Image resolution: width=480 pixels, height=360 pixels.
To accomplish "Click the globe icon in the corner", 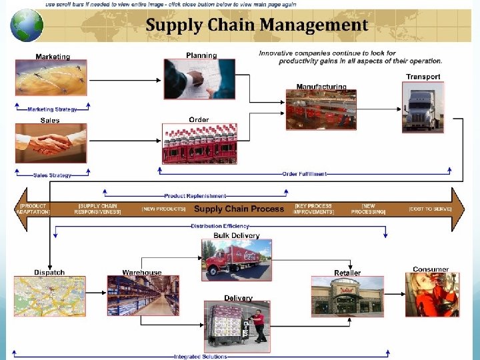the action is point(27,25).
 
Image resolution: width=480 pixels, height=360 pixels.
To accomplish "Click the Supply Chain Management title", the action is point(257,25).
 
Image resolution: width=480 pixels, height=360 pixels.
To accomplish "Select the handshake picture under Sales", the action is point(51,143).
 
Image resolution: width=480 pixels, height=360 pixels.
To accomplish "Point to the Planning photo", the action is point(199,79).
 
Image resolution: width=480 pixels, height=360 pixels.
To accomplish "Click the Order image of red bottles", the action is point(199,143).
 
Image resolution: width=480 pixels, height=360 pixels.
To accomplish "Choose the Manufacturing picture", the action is point(321,110).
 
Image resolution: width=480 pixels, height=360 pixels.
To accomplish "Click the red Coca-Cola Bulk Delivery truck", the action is point(236,261).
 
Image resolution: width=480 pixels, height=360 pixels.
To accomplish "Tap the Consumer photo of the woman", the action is point(431,295).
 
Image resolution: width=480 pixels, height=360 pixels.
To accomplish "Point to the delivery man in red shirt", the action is point(258,327).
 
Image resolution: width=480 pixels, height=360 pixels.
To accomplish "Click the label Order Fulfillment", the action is point(304,174).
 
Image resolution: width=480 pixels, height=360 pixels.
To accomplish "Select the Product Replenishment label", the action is point(195,196).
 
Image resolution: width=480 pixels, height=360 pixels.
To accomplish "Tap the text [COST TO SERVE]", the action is point(430,209).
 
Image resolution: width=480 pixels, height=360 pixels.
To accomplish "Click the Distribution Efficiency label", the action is point(220,226).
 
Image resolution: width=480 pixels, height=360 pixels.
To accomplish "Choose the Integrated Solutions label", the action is point(200,357).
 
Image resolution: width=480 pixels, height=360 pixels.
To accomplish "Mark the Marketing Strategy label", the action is point(52,109).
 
